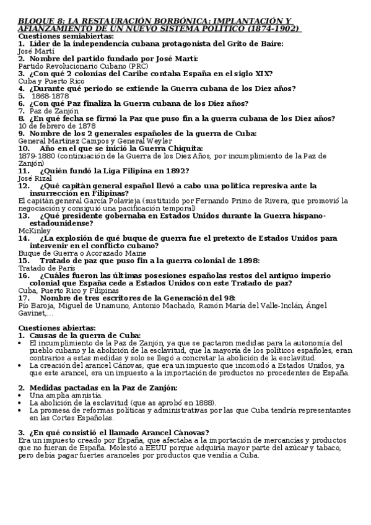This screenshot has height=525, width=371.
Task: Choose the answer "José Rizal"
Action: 35,178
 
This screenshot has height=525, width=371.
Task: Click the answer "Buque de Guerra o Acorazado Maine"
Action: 77,253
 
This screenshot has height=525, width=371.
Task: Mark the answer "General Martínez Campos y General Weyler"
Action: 87,141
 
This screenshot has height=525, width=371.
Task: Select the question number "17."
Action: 25,297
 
